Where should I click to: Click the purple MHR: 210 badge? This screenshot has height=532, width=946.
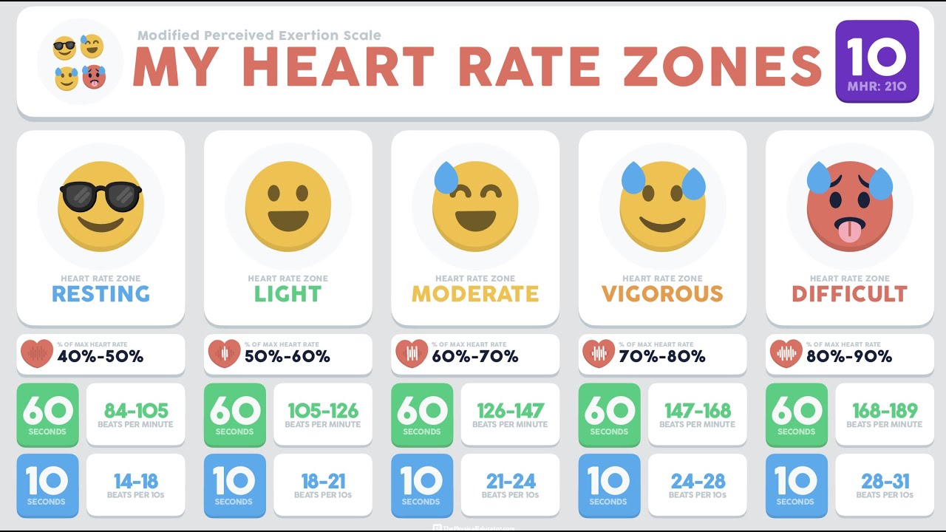[x=877, y=61]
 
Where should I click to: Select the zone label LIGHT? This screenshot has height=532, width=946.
[x=287, y=294]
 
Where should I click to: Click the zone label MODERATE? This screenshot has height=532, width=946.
[x=475, y=294]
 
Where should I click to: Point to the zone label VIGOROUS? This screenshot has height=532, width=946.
[x=662, y=294]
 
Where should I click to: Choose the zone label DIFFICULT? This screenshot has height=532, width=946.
[x=849, y=294]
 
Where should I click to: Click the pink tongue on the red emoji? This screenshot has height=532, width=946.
[x=849, y=231]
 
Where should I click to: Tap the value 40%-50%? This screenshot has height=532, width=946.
[x=101, y=357]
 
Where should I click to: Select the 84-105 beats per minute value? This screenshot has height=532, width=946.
[x=136, y=411]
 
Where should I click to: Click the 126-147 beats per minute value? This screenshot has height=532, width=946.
[x=510, y=411]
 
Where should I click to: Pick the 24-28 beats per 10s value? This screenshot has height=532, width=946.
[x=698, y=482]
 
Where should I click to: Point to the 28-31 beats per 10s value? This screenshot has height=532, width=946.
[x=885, y=482]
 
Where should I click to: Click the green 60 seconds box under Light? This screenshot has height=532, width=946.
[x=234, y=415]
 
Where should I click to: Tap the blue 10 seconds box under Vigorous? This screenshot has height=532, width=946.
[x=608, y=485]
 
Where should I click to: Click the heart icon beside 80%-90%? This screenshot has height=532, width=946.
[x=786, y=355]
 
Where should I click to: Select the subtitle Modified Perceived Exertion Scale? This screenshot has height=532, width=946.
[x=259, y=35]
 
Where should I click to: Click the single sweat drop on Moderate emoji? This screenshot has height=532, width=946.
[x=446, y=178]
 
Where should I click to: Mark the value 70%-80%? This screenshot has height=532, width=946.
[x=662, y=357]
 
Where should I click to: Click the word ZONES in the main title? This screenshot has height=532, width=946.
[x=722, y=66]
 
